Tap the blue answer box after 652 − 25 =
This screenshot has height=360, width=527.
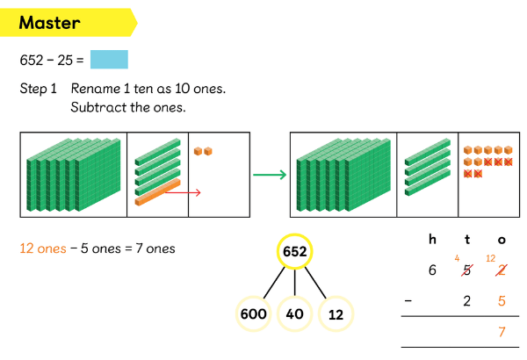coord(109,60)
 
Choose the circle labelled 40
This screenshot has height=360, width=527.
coord(294,313)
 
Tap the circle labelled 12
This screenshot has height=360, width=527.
coord(336,313)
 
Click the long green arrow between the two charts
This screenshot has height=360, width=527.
coord(270,174)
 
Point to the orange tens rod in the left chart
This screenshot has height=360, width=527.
coord(157,192)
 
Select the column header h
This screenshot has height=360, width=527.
coord(432,239)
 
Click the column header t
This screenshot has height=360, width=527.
coord(467,239)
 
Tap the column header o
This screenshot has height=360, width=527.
coord(502,240)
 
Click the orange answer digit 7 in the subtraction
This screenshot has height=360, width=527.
coord(502,331)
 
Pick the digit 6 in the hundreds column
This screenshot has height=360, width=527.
coord(432,270)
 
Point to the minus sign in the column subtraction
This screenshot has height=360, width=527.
coord(407,300)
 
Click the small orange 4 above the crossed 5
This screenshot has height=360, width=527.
coord(458,257)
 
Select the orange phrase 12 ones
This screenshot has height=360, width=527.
coord(42,248)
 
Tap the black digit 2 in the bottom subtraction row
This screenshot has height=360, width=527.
coord(467,300)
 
